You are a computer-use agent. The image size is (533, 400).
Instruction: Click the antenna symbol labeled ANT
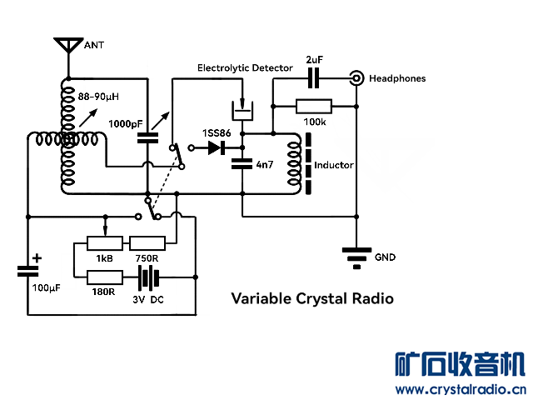tap(67, 45)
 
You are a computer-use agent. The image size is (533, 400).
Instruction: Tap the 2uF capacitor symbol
tap(314, 78)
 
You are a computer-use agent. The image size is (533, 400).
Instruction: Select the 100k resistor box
tap(314, 106)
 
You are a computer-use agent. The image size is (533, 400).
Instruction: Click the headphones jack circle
tap(356, 78)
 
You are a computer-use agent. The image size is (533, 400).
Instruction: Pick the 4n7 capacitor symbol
tap(242, 162)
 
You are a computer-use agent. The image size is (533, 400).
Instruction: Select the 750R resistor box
tap(147, 243)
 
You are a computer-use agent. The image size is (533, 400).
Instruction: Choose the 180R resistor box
tap(105, 277)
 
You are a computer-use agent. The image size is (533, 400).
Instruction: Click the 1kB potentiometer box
tap(105, 243)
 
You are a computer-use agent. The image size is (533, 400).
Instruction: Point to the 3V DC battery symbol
tap(148, 277)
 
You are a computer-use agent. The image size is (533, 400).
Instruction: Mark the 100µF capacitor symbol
tap(27, 271)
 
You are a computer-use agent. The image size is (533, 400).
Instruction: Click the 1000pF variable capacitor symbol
tap(147, 139)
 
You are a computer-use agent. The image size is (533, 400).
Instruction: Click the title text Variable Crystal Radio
tap(312, 298)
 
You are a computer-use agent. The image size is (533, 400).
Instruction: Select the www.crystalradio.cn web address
tap(460, 389)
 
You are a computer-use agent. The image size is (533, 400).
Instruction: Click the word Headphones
tap(397, 78)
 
